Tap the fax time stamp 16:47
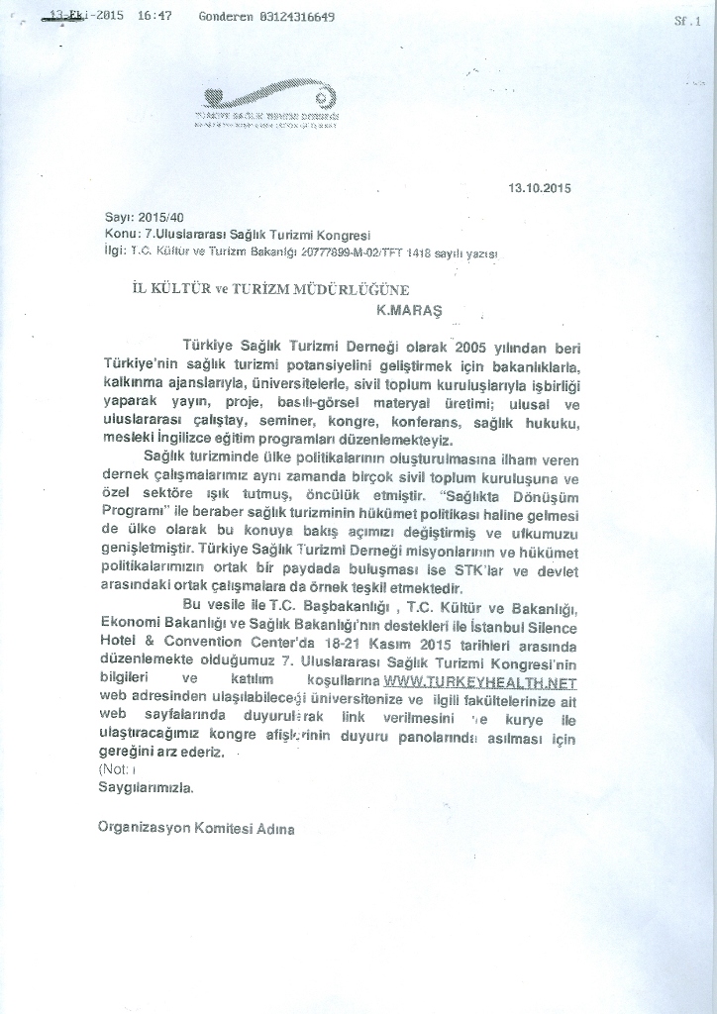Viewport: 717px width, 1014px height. point(155,17)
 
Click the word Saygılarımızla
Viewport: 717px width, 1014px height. point(146,788)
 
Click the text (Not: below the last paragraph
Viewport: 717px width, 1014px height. point(115,770)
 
